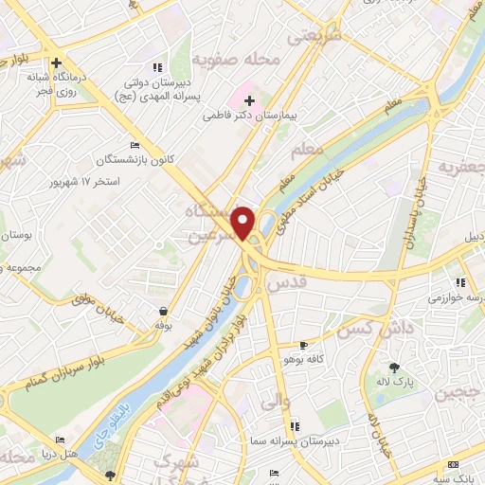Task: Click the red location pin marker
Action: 244,223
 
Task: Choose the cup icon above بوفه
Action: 164,311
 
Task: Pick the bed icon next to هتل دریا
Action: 62,440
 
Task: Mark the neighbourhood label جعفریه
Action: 460,169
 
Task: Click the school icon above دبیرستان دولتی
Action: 157,67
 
